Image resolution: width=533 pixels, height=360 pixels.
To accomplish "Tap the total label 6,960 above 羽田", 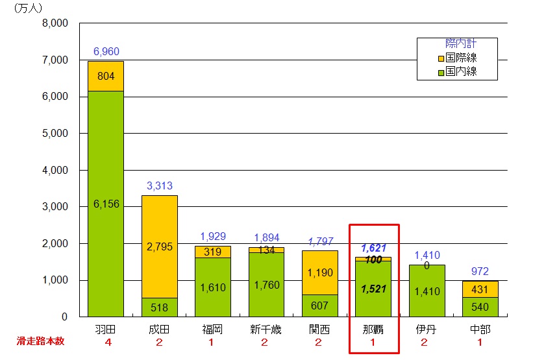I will [106, 51].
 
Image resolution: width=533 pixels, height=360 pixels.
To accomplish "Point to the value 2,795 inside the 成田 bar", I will [160, 246].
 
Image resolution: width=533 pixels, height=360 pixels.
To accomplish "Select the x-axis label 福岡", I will [213, 329].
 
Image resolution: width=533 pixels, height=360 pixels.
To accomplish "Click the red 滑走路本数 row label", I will [38, 341].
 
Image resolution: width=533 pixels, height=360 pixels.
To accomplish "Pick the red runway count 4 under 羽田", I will [106, 341].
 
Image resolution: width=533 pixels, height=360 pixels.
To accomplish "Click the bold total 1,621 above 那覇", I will [373, 248].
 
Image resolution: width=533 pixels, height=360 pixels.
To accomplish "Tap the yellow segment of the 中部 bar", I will [480, 289].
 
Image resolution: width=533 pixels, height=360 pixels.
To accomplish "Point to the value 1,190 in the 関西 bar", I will [320, 273].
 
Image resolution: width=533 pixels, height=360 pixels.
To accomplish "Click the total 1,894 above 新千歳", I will [266, 237].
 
